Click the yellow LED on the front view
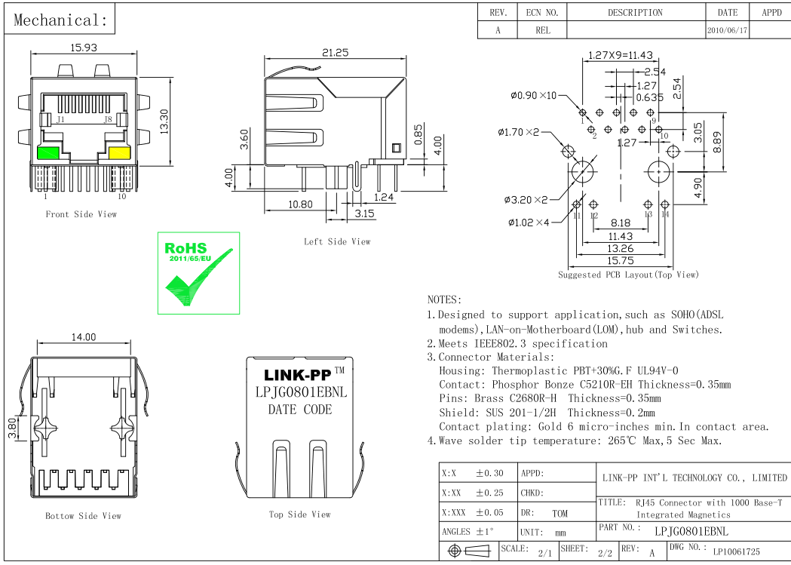119,152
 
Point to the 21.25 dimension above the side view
335,53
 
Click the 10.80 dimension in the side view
300,204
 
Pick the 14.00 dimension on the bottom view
84,337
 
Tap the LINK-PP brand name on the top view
297,375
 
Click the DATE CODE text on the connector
299,410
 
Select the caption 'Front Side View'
81,214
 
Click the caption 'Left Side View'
337,241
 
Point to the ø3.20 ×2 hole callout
526,200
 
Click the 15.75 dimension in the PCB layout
621,260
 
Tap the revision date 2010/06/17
727,31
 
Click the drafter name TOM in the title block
560,514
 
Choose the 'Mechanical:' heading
60,20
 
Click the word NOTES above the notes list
444,300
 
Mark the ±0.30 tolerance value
489,474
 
